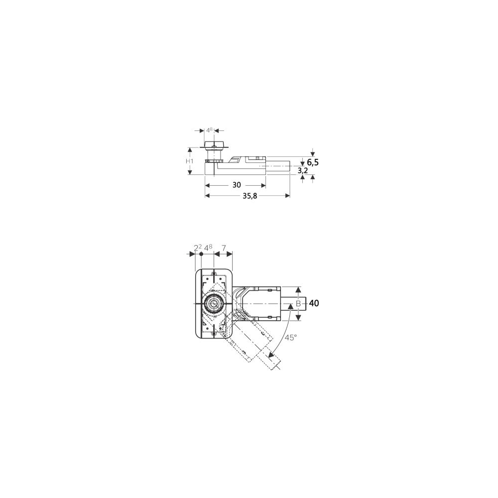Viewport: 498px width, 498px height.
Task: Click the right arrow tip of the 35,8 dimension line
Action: pos(290,196)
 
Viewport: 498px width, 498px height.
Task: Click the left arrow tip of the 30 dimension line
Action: pos(206,185)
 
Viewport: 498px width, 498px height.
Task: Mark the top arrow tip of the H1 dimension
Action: pos(190,148)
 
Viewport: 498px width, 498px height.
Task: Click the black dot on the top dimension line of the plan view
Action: pos(201,254)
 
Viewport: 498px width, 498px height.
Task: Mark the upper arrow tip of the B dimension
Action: pos(298,287)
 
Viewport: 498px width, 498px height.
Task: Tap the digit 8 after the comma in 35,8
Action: pos(254,196)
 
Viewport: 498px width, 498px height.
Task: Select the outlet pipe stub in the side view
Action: pos(278,166)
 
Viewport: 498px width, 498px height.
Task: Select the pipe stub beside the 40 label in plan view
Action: pos(293,304)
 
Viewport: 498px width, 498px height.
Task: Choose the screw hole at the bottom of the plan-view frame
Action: pos(214,333)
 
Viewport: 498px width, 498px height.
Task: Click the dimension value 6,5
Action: pos(313,162)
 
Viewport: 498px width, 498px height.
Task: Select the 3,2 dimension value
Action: pos(303,171)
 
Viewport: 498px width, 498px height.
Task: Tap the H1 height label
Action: pos(190,161)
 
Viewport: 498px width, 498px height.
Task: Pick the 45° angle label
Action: pos(291,338)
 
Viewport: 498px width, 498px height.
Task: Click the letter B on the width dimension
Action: pos(298,304)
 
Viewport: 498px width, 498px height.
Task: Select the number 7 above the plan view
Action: pos(224,248)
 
